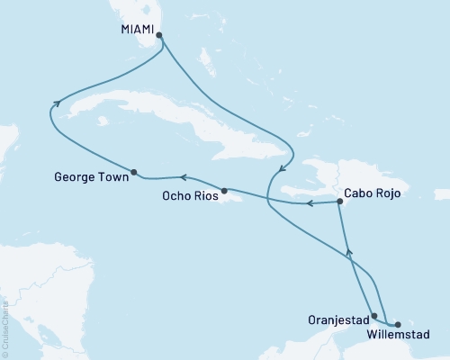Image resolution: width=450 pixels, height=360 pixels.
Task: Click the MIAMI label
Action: [135, 29]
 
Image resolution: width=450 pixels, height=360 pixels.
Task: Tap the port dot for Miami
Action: [159, 36]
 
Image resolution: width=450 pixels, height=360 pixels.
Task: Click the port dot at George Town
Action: [133, 172]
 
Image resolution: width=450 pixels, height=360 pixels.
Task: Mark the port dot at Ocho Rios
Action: [224, 190]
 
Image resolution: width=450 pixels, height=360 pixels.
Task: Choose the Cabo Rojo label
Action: [373, 193]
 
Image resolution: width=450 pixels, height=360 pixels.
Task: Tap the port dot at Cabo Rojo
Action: [338, 201]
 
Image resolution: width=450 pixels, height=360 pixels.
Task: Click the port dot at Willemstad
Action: [397, 323]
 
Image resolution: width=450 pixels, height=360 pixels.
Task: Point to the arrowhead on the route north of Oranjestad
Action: [349, 255]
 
